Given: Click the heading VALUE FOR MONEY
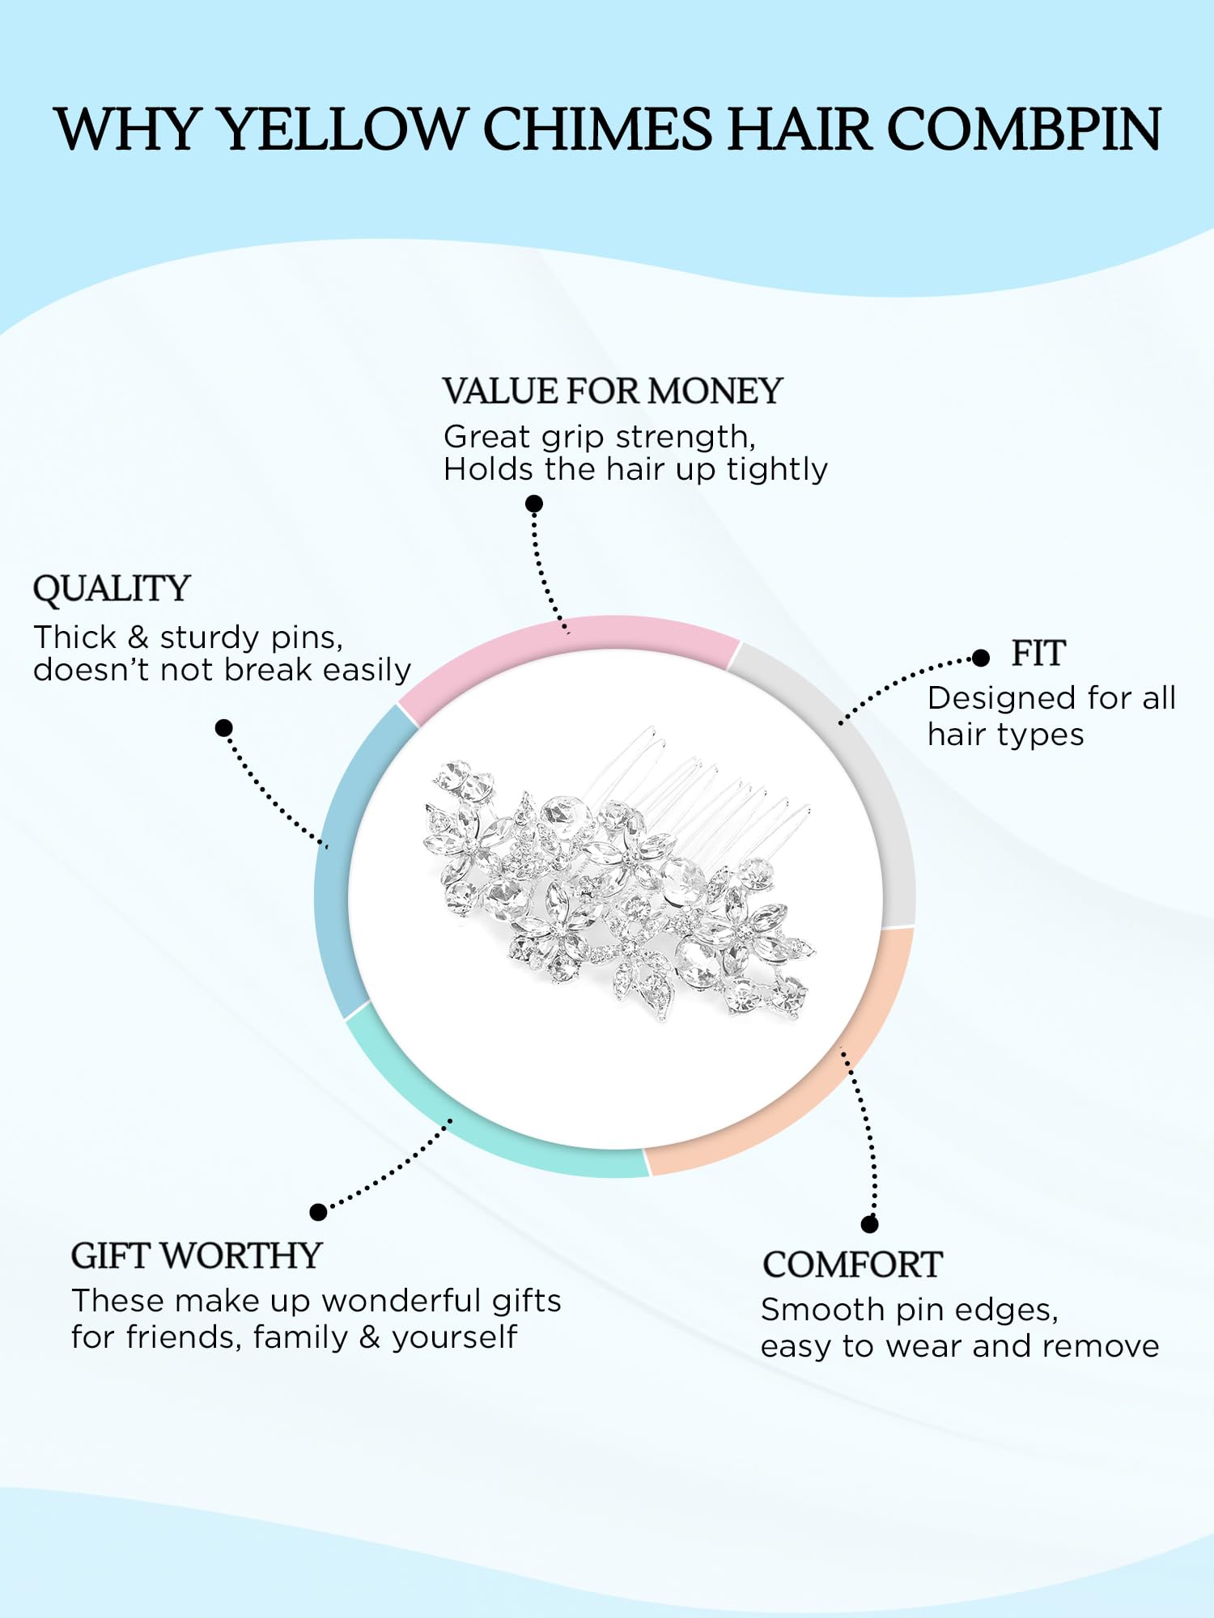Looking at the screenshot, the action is (613, 392).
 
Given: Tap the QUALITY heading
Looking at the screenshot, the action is (112, 589).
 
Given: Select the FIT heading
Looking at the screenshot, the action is (1038, 654).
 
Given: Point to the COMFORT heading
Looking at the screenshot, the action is (852, 1264).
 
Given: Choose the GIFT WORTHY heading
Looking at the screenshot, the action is (197, 1256).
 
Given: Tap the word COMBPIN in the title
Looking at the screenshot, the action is (1025, 129).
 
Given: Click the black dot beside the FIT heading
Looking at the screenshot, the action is (981, 658).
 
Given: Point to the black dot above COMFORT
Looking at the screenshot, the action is (870, 1224).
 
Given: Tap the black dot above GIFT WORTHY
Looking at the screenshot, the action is (318, 1212).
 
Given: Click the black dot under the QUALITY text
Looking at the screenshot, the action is (224, 728).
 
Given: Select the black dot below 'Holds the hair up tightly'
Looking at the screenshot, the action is (534, 504).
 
